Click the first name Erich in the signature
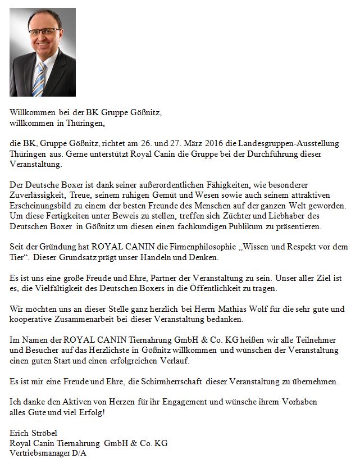point(21,433)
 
